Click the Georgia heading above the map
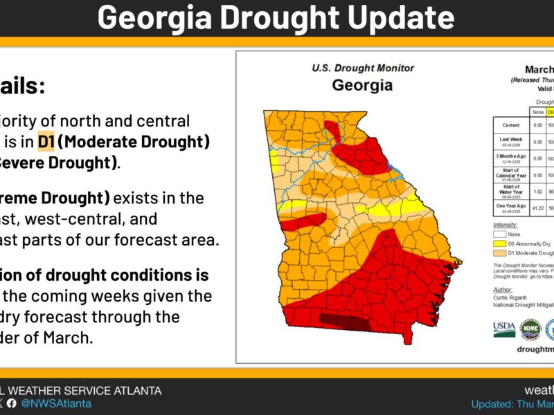361,86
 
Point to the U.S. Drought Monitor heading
363,68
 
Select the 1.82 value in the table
537,190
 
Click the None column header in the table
537,112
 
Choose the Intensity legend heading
505,225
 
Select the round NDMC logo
530,330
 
